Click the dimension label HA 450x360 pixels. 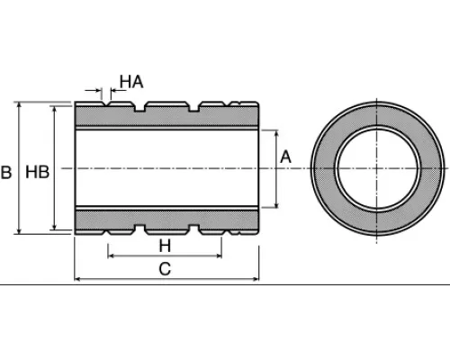point(131,82)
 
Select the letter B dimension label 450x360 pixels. point(6,172)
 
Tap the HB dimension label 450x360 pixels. point(37,172)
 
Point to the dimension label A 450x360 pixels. point(285,157)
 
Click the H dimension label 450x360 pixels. point(165,246)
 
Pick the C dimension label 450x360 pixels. point(165,269)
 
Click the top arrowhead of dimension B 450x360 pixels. point(19,105)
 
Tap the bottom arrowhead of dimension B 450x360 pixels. point(19,231)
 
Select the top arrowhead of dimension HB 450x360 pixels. point(54,109)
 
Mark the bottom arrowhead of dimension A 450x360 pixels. point(276,204)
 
